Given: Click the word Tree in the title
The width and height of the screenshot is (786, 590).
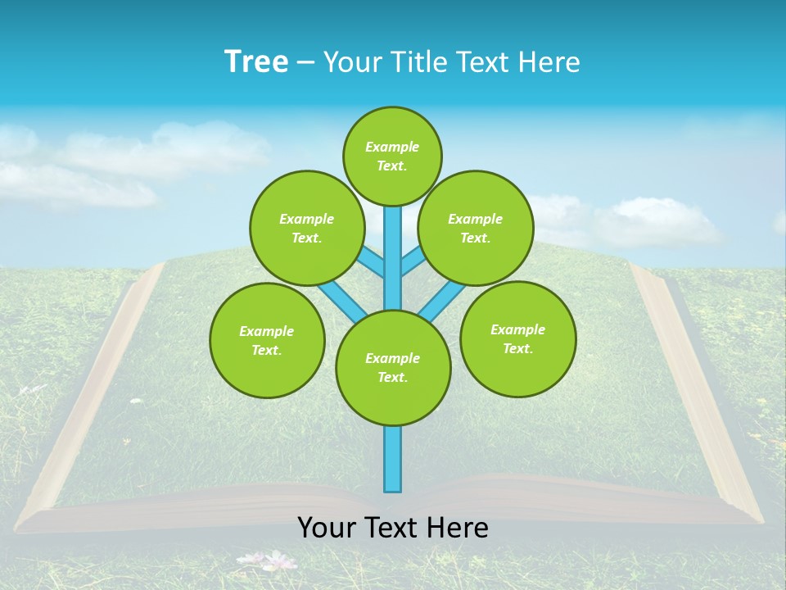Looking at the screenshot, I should [x=256, y=62].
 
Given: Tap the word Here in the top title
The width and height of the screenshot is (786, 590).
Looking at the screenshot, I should [x=550, y=62].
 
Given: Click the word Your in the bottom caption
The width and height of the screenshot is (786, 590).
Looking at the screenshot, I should [x=327, y=527].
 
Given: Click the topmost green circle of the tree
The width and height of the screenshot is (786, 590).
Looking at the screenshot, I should [x=392, y=156].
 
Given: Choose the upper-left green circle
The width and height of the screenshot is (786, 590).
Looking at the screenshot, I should [x=306, y=228].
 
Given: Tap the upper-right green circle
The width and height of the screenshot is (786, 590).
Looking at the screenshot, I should [x=475, y=228].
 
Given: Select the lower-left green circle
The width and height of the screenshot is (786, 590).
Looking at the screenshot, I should [x=267, y=340].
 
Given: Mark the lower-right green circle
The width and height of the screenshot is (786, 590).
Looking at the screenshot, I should [x=517, y=338].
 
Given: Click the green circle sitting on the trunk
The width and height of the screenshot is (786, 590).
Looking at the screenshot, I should [x=393, y=367].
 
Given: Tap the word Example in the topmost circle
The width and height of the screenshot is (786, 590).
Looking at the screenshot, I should [x=392, y=147].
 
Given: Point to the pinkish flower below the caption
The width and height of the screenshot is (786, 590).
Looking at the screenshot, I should [x=280, y=560].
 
